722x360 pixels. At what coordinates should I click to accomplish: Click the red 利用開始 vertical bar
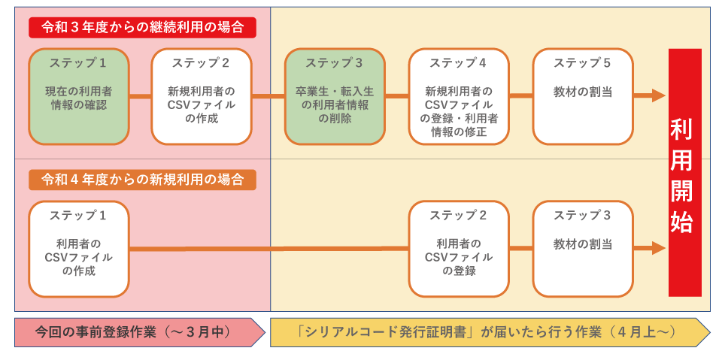[x=685, y=173]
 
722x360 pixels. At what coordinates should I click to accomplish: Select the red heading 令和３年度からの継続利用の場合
[x=142, y=28]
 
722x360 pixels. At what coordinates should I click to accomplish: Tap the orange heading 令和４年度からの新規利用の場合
[x=142, y=180]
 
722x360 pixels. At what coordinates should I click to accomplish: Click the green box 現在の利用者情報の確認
[x=79, y=97]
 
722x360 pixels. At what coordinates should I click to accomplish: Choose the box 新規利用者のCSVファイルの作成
[x=202, y=97]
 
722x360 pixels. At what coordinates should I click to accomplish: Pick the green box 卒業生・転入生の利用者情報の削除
[x=335, y=97]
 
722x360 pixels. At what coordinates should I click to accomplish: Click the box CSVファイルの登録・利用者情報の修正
[x=459, y=97]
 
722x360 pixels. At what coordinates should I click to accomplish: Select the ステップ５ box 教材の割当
[x=583, y=97]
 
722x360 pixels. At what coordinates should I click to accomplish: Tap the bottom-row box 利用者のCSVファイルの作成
[x=79, y=249]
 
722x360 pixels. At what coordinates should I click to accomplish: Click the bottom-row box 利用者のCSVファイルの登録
[x=459, y=249]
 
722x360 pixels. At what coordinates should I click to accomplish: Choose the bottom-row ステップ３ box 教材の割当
[x=583, y=249]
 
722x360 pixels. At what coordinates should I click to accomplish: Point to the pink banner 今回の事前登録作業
[x=140, y=332]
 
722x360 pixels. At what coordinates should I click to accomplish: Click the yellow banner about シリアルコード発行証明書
[x=490, y=332]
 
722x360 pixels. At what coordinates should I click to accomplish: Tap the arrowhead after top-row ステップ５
[x=659, y=95]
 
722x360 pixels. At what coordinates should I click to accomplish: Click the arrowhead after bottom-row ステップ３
[x=659, y=248]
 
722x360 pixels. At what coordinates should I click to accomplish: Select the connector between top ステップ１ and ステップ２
[x=141, y=96]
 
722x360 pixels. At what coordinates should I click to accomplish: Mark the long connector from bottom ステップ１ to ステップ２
[x=269, y=249]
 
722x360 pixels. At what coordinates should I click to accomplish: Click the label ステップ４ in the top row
[x=458, y=63]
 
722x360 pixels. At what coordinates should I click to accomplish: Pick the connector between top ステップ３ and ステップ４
[x=397, y=96]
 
